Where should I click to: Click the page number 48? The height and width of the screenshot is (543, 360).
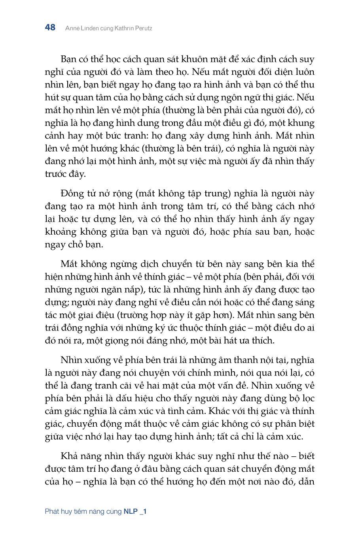(x=50, y=27)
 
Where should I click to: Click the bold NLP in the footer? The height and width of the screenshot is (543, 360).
(x=131, y=511)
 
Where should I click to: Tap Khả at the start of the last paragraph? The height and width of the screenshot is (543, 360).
(x=69, y=456)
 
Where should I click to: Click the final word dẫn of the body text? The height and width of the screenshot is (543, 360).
(x=307, y=481)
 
